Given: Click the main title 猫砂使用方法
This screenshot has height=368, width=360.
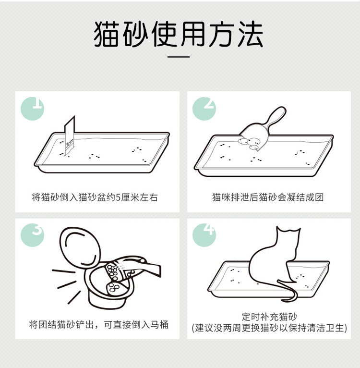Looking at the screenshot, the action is coord(178,34).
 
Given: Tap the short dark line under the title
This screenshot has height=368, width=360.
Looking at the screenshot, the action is coord(179,57).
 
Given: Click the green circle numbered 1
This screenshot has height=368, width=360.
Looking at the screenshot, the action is coord(32,109).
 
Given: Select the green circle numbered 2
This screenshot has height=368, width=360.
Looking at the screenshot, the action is coord(204,109).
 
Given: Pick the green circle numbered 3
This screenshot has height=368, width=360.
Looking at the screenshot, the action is coord(32,235).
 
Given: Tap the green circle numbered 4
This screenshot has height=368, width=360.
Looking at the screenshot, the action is coord(204,235).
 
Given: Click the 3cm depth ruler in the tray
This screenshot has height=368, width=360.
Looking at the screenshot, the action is coord(70,135).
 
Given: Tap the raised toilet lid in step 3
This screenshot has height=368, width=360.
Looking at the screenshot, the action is coord(80,248).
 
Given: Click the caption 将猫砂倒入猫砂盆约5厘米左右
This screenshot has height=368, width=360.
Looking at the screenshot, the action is coord(95,197).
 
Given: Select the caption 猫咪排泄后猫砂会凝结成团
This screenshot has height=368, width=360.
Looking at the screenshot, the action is coord(268,197).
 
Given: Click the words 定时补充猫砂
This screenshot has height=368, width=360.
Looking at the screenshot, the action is coord(269,317).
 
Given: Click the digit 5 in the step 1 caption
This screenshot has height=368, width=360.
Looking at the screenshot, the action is coord(118,197).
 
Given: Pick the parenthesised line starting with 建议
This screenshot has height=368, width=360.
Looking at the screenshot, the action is coord(269,328).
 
